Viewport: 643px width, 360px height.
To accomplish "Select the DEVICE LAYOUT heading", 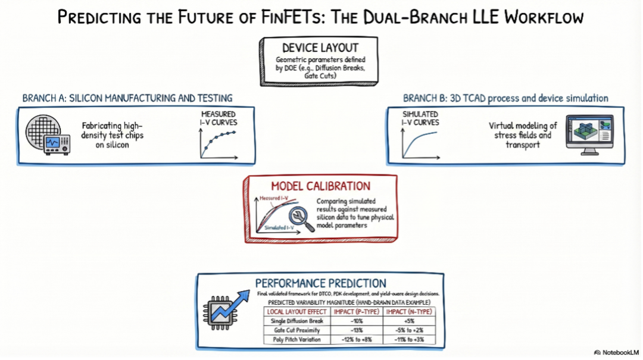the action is point(320,48).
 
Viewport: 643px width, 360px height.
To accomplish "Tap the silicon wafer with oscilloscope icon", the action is point(48,134).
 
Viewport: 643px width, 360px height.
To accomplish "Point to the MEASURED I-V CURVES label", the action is point(218,118).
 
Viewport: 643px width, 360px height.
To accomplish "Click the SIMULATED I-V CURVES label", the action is point(420,118).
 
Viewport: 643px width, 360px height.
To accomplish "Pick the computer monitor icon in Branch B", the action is point(589,134).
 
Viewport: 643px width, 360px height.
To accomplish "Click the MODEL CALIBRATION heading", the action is point(320,186).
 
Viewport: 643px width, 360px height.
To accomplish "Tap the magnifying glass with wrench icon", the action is point(301,220).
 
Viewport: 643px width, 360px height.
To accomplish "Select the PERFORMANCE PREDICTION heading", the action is point(320,283).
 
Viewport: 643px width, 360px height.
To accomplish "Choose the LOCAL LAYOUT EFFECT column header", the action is point(297,312).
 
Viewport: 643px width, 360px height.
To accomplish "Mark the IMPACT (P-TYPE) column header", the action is point(357,312).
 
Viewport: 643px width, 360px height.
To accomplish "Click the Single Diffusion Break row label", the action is point(297,321).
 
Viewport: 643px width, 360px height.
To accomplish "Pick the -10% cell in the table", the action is point(357,321).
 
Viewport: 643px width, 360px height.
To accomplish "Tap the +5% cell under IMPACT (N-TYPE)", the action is point(409,321).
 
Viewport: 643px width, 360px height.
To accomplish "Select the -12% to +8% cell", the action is point(357,340).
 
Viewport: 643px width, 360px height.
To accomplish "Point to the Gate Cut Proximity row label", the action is point(297,330).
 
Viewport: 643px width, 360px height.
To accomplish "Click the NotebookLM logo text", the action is point(620,353).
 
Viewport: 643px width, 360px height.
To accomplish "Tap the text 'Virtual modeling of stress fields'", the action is point(523,130).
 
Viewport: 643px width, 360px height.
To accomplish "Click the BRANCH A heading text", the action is point(127,98).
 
